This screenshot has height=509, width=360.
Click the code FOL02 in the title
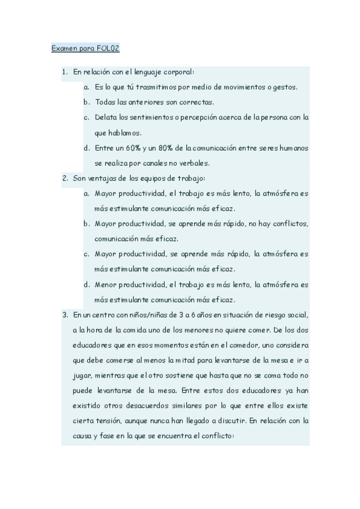[x=109, y=48]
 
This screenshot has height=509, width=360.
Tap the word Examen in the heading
[x=64, y=48]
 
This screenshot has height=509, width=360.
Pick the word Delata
[x=106, y=117]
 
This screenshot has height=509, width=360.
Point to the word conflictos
[x=287, y=223]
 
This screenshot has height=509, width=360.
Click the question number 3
[x=65, y=314]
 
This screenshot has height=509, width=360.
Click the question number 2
[x=65, y=178]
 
